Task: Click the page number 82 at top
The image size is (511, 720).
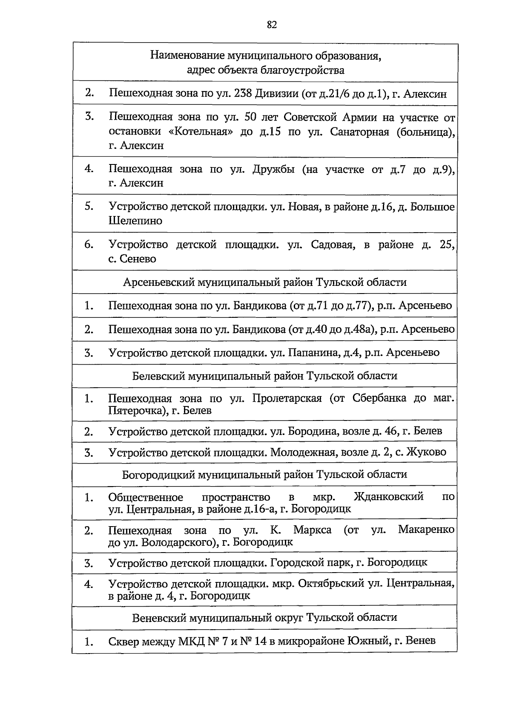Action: point(272,25)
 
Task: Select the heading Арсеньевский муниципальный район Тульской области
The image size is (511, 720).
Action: point(264,282)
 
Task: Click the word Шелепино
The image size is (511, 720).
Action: point(135,221)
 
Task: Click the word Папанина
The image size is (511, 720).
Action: point(310,353)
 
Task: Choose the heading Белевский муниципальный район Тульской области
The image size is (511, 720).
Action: point(264,376)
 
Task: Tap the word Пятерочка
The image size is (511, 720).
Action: point(136,411)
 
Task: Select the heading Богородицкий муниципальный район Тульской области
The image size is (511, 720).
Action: point(264,475)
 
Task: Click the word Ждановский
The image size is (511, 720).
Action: point(388,497)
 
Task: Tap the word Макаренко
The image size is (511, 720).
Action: point(426,530)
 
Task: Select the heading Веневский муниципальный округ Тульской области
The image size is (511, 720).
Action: point(264,617)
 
